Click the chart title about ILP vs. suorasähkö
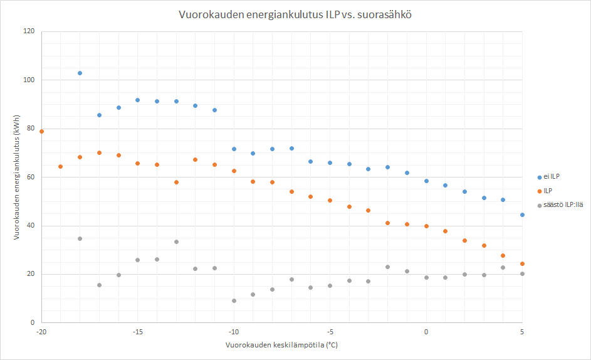pyautogui.click(x=295, y=14)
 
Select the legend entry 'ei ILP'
pyautogui.click(x=548, y=177)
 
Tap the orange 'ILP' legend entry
pyautogui.click(x=545, y=191)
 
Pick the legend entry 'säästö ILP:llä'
pyautogui.click(x=560, y=205)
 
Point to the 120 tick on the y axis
pyautogui.click(x=29, y=31)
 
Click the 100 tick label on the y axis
pyautogui.click(x=29, y=80)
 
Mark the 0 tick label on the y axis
pyautogui.click(x=33, y=322)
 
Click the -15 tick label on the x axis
pyautogui.click(x=138, y=332)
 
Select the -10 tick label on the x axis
pyautogui.click(x=234, y=332)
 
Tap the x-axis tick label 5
pyautogui.click(x=522, y=332)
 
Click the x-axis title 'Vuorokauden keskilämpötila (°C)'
pyautogui.click(x=281, y=345)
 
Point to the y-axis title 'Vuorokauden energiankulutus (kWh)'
pyautogui.click(x=16, y=177)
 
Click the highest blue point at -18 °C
pyautogui.click(x=80, y=73)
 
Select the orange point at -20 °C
pyautogui.click(x=41, y=132)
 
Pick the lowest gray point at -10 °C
pyautogui.click(x=234, y=301)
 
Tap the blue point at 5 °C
pyautogui.click(x=523, y=215)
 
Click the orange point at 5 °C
pyautogui.click(x=523, y=264)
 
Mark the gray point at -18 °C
pyautogui.click(x=80, y=239)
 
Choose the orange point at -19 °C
pyautogui.click(x=60, y=167)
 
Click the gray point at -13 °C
pyautogui.click(x=176, y=242)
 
